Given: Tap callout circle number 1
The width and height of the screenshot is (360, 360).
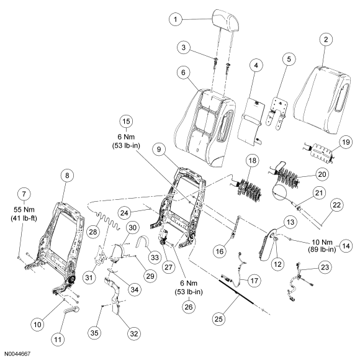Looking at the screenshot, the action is click(x=176, y=19).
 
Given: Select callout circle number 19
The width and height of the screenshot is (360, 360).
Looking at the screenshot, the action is click(x=346, y=142).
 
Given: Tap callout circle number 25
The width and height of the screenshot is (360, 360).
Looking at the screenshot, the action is click(x=218, y=319).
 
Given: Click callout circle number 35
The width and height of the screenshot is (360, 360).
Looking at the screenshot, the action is click(x=94, y=333).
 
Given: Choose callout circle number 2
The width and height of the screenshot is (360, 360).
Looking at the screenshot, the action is click(x=326, y=40).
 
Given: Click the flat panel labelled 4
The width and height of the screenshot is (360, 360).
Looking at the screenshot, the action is click(x=251, y=119).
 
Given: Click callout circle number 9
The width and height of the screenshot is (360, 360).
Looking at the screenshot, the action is click(x=159, y=150).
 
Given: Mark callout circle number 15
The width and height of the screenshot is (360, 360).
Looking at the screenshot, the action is click(x=126, y=122).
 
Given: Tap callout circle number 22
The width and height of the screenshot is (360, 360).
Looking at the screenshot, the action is click(x=336, y=205).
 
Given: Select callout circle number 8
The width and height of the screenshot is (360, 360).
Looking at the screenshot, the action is click(x=67, y=176).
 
